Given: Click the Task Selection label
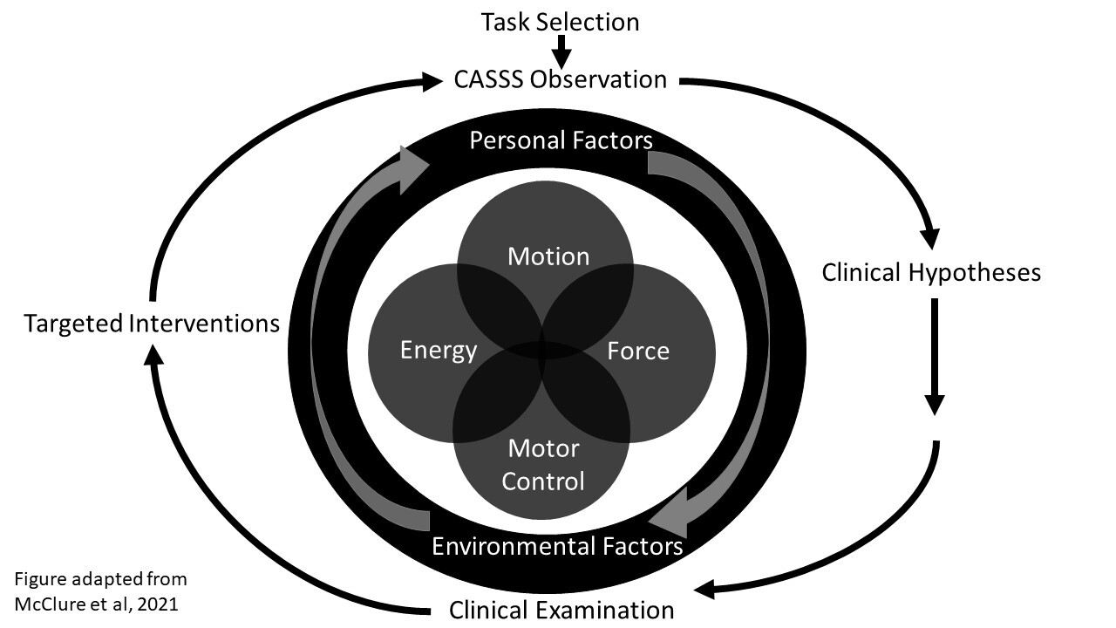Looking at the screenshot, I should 561,22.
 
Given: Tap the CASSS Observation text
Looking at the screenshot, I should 561,80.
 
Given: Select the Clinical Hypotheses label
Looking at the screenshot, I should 931,273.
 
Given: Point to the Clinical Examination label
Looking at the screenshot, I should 561,610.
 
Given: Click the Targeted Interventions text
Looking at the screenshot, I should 152,324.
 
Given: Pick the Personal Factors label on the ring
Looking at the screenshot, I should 561,140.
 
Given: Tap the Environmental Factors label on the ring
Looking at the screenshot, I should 557,547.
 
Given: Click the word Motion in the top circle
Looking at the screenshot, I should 548,256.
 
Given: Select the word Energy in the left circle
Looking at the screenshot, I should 439,351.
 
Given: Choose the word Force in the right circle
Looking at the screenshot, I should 638,352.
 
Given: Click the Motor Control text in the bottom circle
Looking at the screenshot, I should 544,465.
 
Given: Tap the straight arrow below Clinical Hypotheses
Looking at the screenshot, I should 934,358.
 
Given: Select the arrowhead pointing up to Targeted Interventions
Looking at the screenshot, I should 154,353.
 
